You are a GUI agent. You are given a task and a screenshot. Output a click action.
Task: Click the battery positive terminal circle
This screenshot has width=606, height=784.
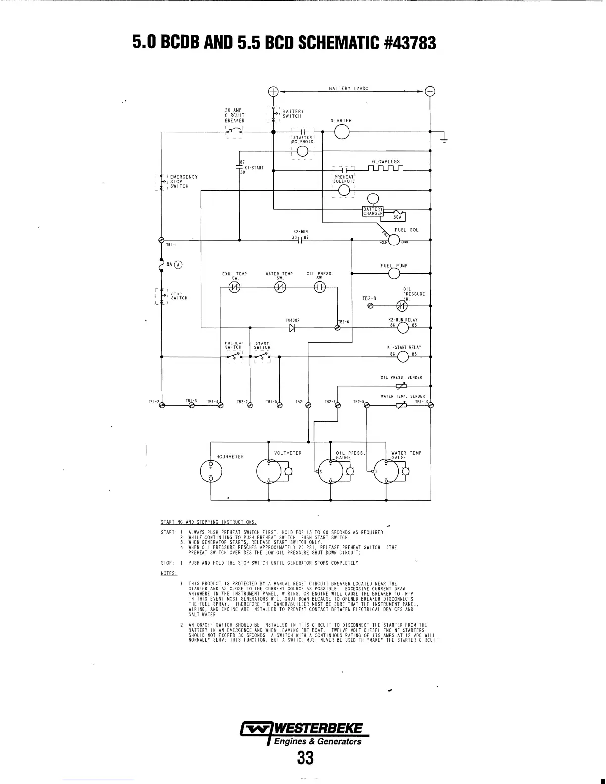click(x=273, y=91)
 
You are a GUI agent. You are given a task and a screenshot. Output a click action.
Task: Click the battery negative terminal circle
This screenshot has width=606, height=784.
click(x=430, y=91)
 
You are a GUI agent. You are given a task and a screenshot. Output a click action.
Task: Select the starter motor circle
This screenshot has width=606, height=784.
click(x=342, y=132)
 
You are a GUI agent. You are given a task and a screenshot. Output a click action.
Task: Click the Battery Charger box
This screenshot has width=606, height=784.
click(x=373, y=211)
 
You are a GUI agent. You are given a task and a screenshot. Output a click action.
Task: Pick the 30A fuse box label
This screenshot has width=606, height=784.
click(x=397, y=217)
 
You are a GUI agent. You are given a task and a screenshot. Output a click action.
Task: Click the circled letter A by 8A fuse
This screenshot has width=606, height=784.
click(x=178, y=264)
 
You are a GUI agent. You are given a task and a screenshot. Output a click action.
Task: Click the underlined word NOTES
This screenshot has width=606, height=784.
click(x=169, y=573)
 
